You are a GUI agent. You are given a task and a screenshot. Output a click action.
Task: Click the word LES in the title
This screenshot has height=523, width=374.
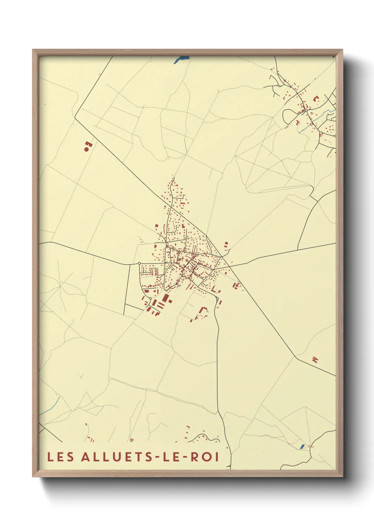[x=61, y=457]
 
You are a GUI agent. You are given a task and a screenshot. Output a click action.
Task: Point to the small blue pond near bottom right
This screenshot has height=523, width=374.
[x=302, y=446]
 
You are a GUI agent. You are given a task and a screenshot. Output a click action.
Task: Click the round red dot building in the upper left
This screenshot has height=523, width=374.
[x=86, y=149]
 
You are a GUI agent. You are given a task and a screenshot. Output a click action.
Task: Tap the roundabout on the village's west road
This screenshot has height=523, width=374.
[x=139, y=263]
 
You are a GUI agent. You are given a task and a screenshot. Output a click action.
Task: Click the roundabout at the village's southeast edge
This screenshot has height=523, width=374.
[x=217, y=299]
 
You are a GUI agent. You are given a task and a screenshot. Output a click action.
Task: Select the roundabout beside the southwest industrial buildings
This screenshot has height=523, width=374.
[x=150, y=299]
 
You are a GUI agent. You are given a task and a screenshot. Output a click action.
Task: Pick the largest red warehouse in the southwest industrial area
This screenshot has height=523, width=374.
[x=164, y=298]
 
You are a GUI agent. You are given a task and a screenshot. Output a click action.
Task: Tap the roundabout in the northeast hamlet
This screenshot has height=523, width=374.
[x=306, y=110]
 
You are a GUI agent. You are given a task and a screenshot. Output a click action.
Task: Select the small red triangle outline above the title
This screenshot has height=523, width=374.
[x=132, y=440]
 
